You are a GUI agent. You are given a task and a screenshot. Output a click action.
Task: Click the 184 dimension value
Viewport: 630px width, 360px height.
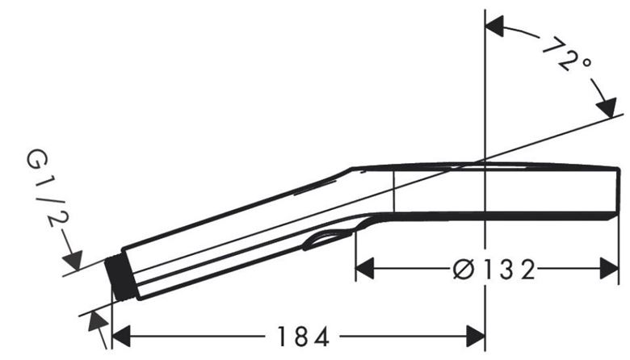pyautogui.click(x=304, y=337)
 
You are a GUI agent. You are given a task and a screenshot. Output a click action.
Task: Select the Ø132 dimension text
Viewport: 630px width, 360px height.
pyautogui.click(x=493, y=270)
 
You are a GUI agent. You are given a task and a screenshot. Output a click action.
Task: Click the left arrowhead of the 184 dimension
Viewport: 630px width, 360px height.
pyautogui.click(x=121, y=337)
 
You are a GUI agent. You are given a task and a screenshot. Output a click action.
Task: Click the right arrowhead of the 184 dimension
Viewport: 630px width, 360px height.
pyautogui.click(x=476, y=337)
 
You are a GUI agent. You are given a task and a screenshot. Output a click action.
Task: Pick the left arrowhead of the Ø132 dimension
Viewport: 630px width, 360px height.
pyautogui.click(x=365, y=269)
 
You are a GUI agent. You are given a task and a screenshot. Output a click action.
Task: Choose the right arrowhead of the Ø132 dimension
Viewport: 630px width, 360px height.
pyautogui.click(x=609, y=269)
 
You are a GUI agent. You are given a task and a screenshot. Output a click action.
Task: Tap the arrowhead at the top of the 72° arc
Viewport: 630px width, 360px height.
pyautogui.click(x=494, y=27)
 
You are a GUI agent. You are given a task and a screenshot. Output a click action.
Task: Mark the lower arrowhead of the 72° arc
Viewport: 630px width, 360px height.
pyautogui.click(x=607, y=107)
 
